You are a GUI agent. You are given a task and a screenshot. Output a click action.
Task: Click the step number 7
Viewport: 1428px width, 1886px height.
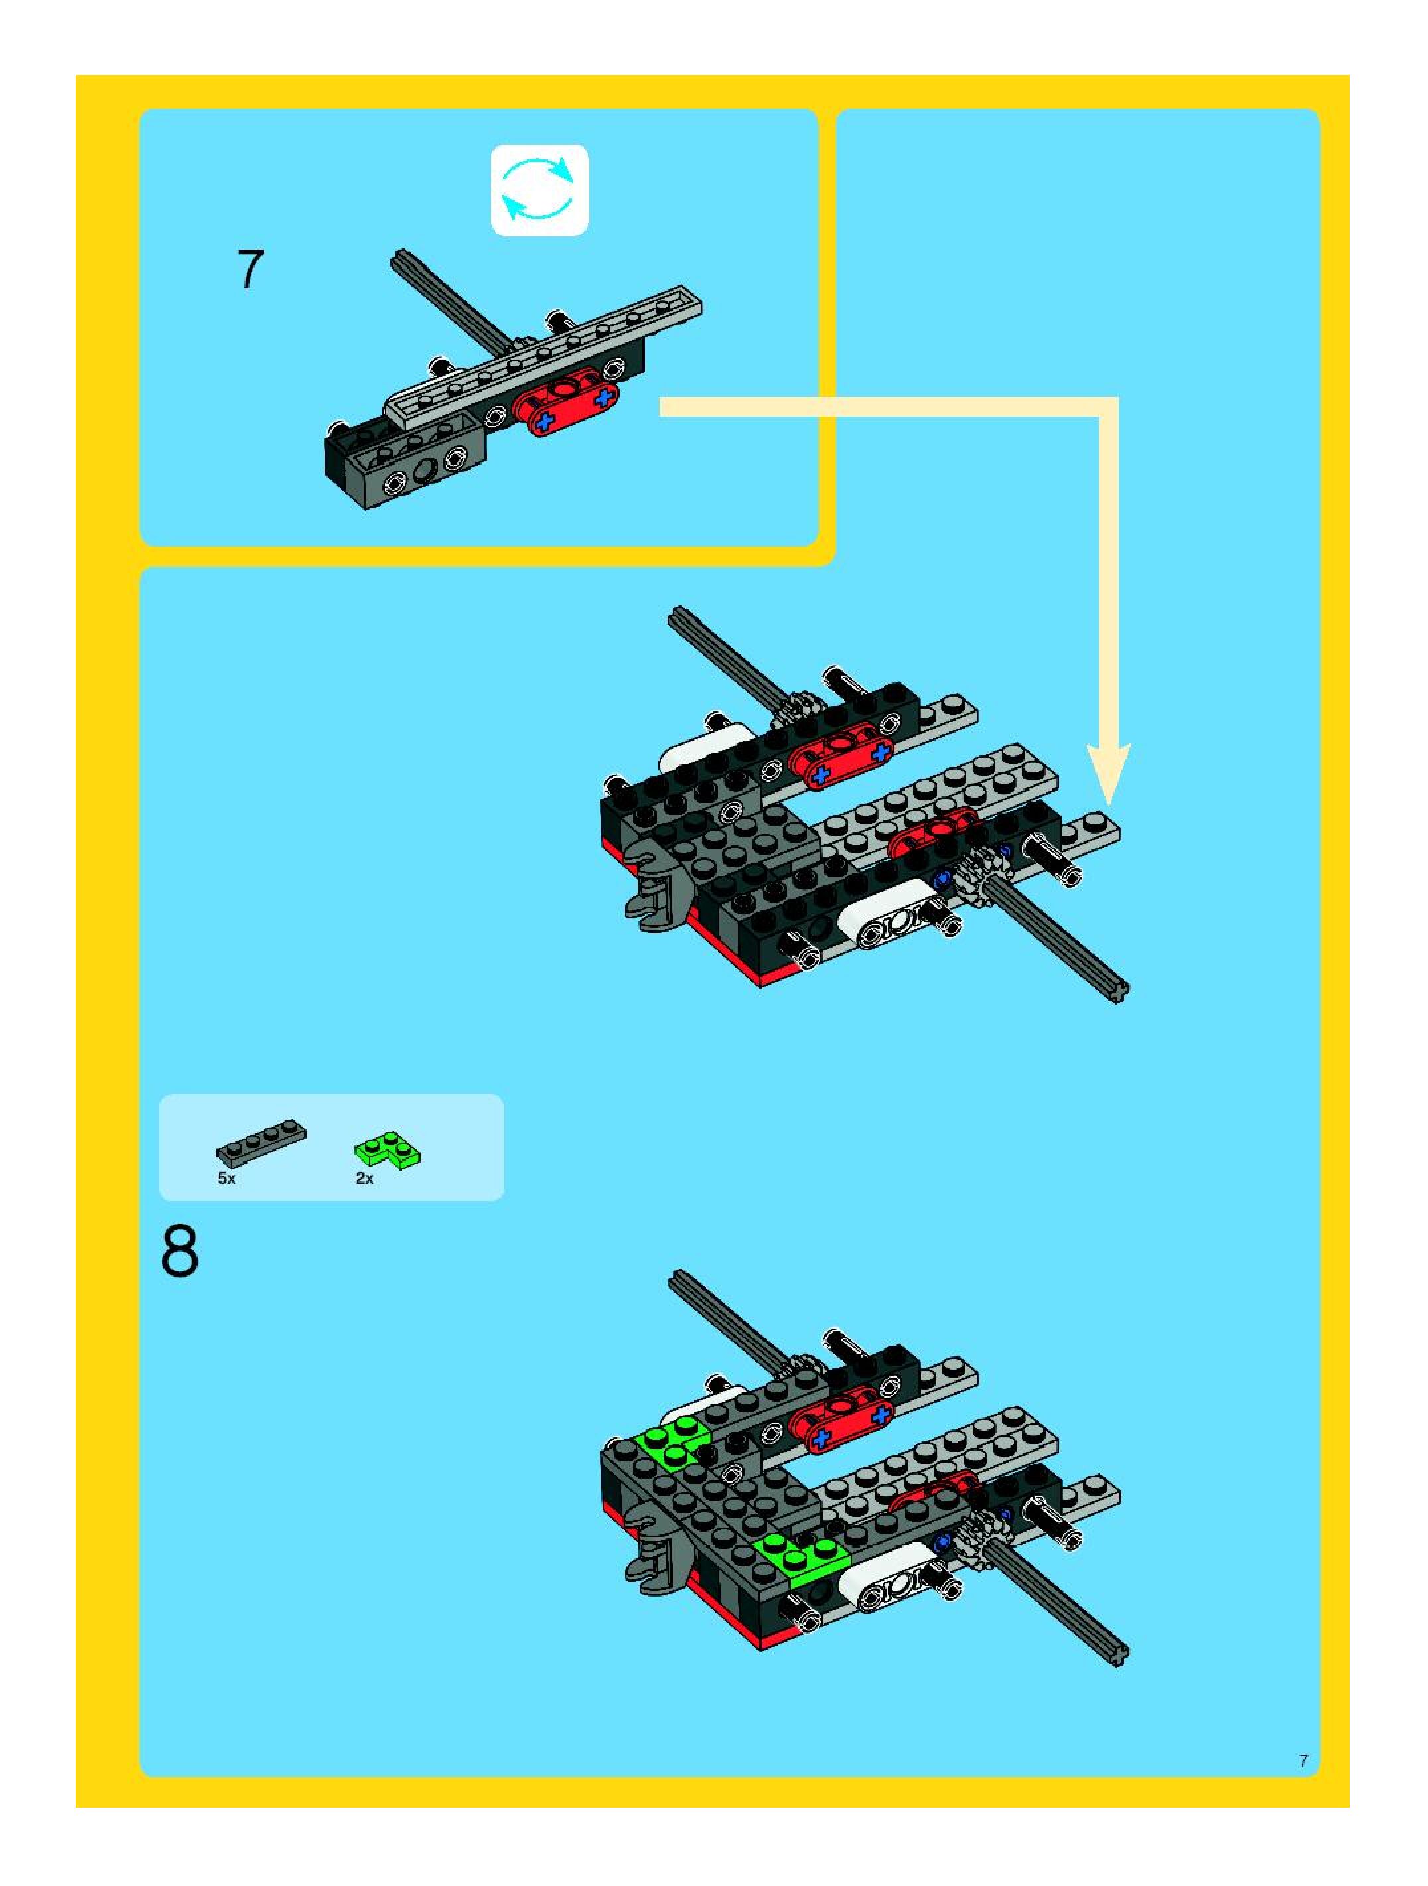tap(250, 269)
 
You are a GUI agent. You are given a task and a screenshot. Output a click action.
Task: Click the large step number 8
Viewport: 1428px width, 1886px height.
tap(180, 1252)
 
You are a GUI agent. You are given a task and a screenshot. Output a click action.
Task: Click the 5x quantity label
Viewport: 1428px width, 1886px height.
tap(226, 1179)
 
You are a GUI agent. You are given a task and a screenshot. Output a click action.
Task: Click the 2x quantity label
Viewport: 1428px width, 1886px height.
tap(364, 1179)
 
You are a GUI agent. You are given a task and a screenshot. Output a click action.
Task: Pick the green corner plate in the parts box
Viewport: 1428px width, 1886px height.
tap(389, 1149)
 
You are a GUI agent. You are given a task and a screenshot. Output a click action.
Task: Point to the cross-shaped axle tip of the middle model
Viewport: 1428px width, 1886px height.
tap(1119, 991)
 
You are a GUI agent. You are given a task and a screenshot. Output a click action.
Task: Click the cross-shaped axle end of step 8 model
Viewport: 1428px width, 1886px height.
tap(1119, 1654)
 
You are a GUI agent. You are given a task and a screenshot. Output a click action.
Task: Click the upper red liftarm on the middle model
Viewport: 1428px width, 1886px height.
tap(841, 752)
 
